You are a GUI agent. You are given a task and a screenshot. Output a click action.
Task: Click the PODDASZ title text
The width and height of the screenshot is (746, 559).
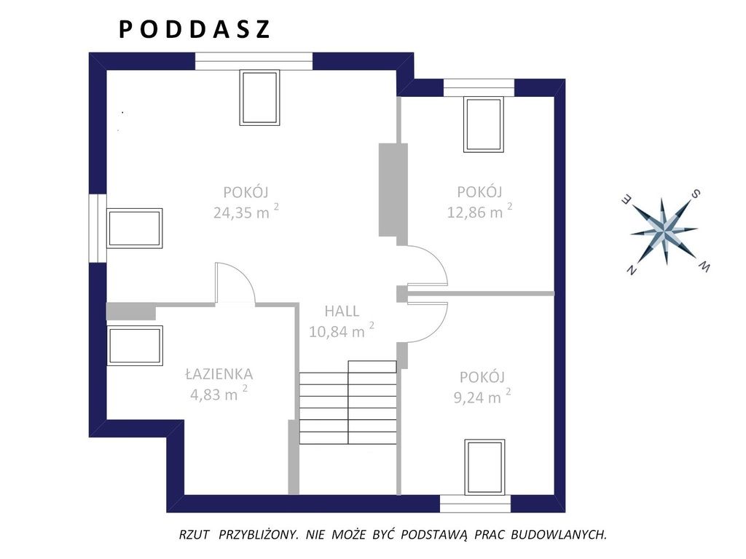(194, 29)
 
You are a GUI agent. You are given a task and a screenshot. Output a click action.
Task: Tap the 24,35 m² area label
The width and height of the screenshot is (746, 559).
(246, 212)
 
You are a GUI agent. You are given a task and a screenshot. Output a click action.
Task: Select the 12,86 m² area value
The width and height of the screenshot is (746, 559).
(479, 211)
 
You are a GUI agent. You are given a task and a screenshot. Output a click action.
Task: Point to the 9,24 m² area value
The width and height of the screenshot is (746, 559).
(482, 396)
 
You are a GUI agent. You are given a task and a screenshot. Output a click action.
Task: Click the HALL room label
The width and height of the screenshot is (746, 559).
(342, 312)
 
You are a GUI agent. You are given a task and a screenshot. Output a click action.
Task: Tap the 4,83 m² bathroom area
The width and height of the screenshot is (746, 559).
(219, 394)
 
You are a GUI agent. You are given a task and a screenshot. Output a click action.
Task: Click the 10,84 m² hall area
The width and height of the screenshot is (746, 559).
(341, 331)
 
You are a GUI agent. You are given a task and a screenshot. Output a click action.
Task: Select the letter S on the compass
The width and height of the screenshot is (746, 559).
(695, 194)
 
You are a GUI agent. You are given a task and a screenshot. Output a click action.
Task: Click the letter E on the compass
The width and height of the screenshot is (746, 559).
(627, 200)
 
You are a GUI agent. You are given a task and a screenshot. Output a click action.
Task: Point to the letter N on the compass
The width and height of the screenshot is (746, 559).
(632, 270)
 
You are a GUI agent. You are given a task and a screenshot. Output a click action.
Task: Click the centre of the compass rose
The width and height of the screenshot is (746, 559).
(664, 231)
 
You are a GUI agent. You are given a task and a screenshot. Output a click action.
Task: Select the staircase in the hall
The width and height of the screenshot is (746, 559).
(348, 402)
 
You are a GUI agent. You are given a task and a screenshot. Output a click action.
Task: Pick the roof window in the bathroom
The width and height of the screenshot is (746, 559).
(135, 346)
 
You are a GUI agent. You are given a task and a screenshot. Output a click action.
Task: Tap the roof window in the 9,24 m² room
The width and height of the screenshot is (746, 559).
(484, 467)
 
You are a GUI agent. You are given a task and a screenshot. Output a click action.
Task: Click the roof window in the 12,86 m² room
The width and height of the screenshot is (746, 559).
(484, 124)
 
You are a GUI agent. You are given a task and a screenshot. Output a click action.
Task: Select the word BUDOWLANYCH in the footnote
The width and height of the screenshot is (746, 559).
(559, 535)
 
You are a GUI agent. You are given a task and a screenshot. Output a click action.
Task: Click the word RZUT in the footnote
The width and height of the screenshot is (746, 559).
(194, 535)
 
